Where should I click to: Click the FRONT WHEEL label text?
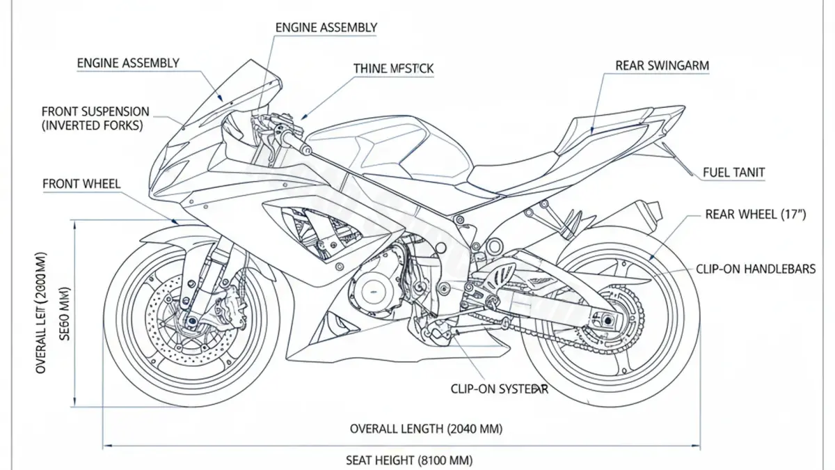[x=81, y=184]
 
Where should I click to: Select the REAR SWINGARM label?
[x=662, y=65]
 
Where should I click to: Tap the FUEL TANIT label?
[x=734, y=173]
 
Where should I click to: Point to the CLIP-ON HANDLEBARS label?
[x=755, y=269]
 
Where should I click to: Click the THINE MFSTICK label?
[x=393, y=68]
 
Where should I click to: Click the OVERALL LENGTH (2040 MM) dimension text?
[x=426, y=428]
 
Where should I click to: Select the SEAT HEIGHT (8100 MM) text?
[x=409, y=460]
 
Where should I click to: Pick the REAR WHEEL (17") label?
[x=755, y=214]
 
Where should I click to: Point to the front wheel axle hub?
[x=189, y=322]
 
